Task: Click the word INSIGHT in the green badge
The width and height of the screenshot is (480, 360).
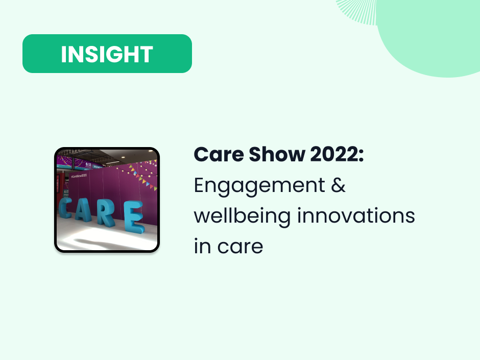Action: [107, 54]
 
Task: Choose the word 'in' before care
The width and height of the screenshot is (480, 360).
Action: [201, 247]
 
